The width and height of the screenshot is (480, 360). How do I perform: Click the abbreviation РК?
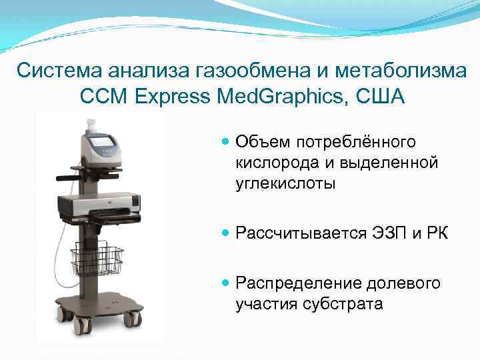[436, 233]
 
